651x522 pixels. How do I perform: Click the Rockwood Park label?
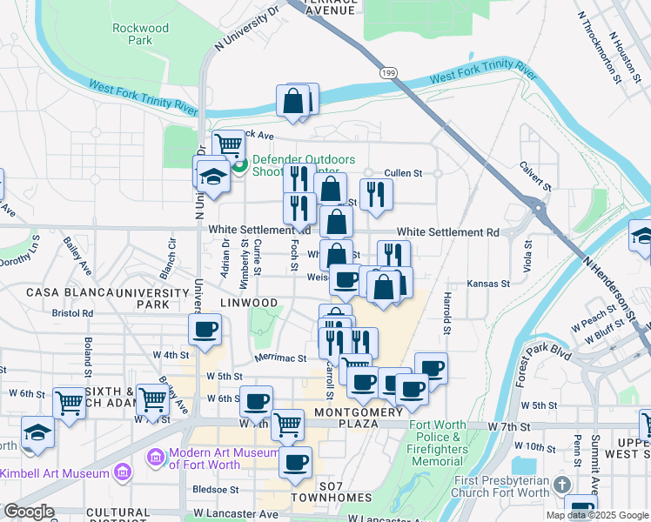click(x=140, y=34)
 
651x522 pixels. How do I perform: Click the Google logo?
click(x=28, y=512)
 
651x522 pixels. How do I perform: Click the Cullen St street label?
click(x=403, y=173)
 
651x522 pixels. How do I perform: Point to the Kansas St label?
click(x=487, y=284)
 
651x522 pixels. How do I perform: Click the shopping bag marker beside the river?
click(x=293, y=101)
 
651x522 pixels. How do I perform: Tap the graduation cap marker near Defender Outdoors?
click(x=212, y=177)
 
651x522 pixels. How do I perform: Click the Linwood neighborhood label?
click(x=248, y=303)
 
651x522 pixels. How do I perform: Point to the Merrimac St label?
click(x=280, y=358)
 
